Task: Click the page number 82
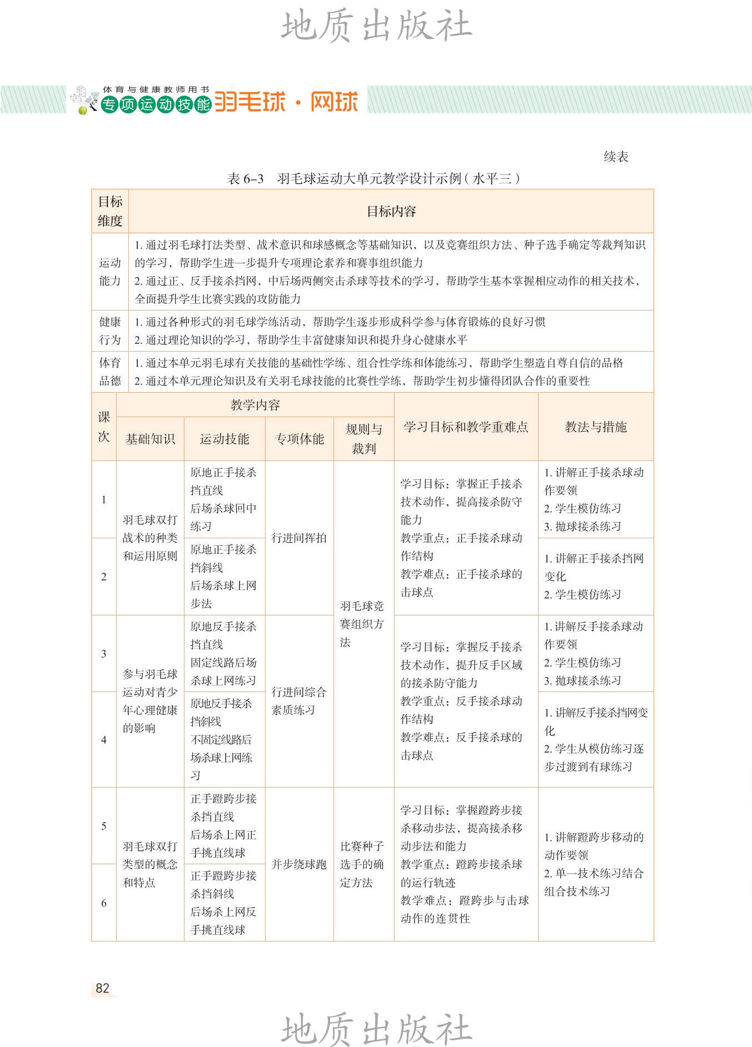103,988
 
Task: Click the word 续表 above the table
616,157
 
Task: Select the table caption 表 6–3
245,178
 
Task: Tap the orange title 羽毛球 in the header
250,102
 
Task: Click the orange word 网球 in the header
334,102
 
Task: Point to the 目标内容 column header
391,211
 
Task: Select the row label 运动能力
110,272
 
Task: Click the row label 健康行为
110,330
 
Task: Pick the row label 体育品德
110,372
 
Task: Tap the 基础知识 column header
150,439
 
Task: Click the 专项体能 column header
300,439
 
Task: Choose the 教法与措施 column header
596,427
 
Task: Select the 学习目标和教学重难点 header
466,427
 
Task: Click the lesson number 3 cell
104,654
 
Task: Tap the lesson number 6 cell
104,903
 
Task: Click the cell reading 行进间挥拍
299,538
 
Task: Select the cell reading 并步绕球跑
299,864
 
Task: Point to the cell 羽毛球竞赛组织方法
362,624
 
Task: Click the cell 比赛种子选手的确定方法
362,864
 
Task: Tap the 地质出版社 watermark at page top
376,26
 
